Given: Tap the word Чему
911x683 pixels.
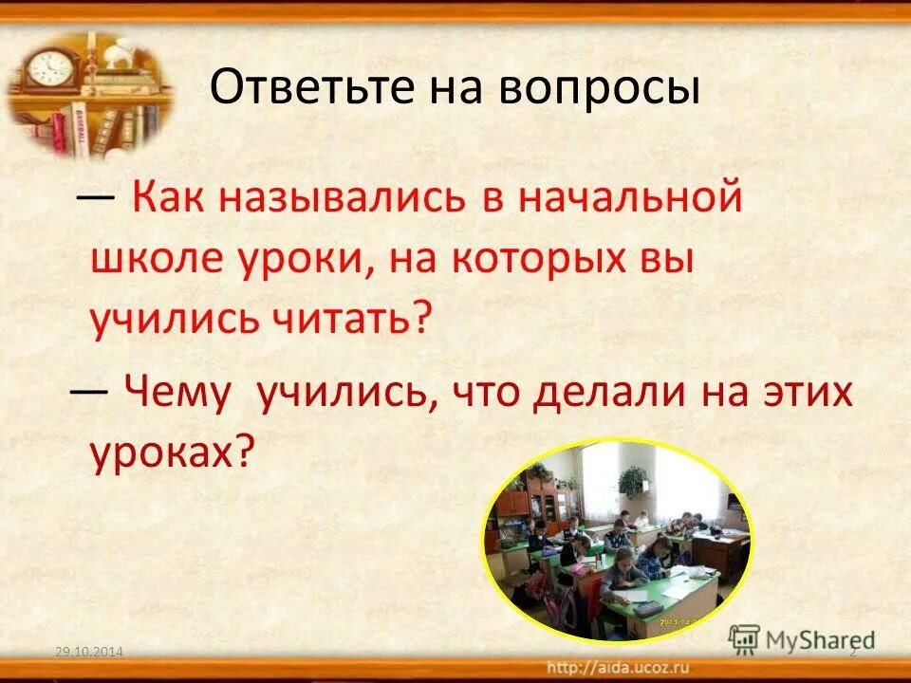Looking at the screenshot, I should pyautogui.click(x=177, y=392).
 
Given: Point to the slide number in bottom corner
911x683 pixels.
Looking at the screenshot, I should pyautogui.click(x=852, y=652).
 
